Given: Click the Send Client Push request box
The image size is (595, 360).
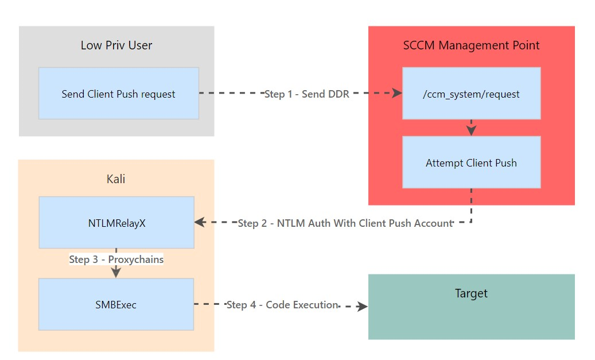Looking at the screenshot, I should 118,94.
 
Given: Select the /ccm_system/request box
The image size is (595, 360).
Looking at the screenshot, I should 471,94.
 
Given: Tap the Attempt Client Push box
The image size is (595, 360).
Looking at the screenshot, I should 471,163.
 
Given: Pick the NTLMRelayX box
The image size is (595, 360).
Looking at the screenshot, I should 116,223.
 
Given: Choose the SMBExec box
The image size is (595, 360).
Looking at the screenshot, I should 116,305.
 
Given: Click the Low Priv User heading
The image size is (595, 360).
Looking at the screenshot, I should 116,45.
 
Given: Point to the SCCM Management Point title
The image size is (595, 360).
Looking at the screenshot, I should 471,45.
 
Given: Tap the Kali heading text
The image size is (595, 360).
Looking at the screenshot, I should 116,179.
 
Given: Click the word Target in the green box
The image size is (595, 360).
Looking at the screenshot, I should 471,293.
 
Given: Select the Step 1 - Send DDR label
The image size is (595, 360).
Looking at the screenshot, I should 306,94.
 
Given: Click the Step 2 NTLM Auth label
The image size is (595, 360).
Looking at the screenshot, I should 345,223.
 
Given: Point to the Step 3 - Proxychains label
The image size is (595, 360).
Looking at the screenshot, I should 116,260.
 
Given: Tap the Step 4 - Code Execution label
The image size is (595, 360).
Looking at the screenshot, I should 282,305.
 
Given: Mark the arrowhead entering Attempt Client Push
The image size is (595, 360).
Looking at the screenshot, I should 471,131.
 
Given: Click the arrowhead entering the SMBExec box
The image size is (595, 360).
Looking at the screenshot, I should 116,273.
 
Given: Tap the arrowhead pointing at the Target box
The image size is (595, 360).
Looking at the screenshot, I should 362,307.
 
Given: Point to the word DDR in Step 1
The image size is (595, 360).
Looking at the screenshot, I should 339,94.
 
